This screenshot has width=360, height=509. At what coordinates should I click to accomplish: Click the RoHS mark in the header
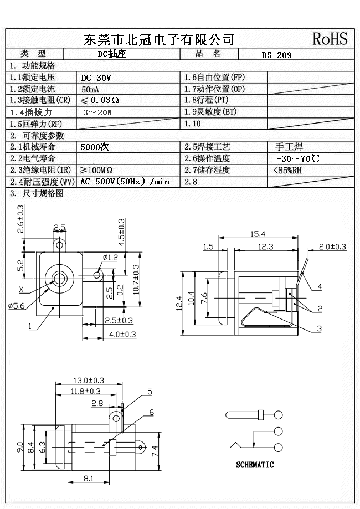tap(330, 39)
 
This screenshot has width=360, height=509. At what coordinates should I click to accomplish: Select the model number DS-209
tap(276, 55)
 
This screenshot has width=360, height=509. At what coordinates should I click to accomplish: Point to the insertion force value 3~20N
tap(97, 112)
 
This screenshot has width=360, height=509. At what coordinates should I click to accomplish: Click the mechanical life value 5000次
tap(95, 147)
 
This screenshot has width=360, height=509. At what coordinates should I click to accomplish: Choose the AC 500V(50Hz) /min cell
tap(125, 182)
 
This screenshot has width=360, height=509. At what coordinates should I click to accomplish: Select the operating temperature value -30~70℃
tap(297, 159)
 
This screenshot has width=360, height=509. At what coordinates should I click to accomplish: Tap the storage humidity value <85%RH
tap(288, 171)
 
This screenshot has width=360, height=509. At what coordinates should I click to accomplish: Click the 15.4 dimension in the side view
tap(258, 234)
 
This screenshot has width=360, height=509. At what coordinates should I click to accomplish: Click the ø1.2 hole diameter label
tap(111, 258)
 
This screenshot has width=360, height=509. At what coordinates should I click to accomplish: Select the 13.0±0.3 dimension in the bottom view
tap(89, 380)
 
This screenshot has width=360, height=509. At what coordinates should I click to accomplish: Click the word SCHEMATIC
tap(255, 465)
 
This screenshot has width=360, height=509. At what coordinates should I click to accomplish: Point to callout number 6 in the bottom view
tap(151, 412)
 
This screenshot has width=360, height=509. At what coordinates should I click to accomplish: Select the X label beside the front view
tap(21, 289)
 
